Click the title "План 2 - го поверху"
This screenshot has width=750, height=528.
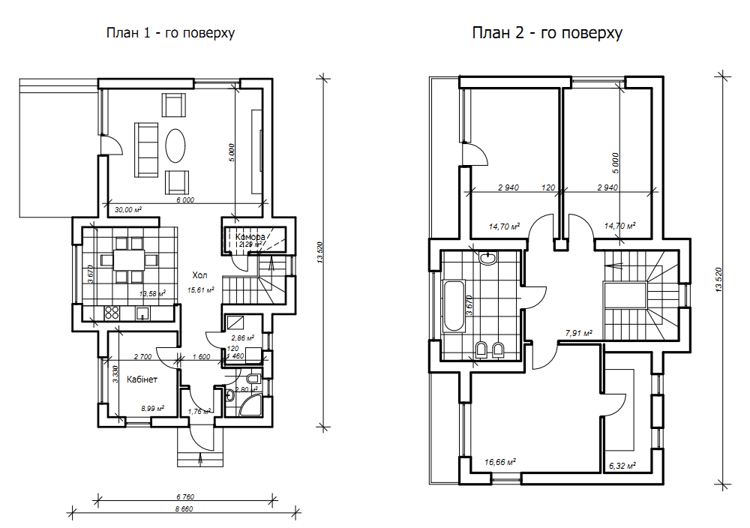tap(547, 33)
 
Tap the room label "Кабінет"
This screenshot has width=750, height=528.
tap(142, 380)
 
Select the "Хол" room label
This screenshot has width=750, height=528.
tap(200, 274)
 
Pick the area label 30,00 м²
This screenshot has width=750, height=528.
tap(127, 210)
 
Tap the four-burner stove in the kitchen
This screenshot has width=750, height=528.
tap(112, 313)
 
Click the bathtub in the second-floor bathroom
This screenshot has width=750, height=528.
tap(454, 306)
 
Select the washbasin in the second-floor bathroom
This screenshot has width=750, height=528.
tap(488, 258)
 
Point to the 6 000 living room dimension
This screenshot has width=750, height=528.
tap(185, 200)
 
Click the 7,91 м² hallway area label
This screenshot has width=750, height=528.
tap(578, 332)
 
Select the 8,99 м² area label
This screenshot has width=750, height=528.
tap(152, 409)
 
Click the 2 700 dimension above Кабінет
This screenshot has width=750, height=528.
tap(143, 357)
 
